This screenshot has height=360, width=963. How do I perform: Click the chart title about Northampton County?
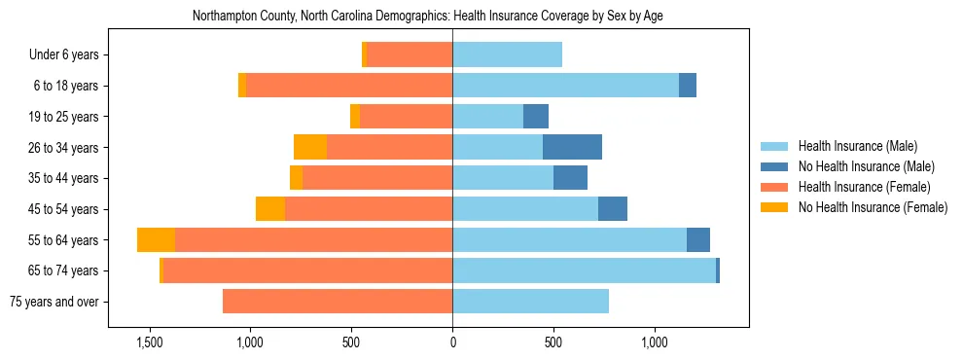point(428,17)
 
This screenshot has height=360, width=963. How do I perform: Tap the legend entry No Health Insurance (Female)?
point(872,207)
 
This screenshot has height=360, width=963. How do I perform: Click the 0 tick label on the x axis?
point(452,343)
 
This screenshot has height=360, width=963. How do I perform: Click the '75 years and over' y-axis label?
point(53,302)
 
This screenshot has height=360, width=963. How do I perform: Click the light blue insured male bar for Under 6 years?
point(507,55)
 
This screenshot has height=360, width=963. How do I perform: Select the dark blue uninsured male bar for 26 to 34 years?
point(572,148)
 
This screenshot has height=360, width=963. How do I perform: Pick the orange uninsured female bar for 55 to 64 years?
point(156,240)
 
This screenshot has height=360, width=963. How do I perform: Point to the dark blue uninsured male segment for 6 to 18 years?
point(688,86)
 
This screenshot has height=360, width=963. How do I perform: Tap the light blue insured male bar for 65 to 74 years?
point(584,270)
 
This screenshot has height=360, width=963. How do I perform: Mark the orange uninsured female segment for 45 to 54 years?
point(270,209)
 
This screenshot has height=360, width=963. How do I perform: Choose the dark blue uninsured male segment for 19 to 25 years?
point(536,117)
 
